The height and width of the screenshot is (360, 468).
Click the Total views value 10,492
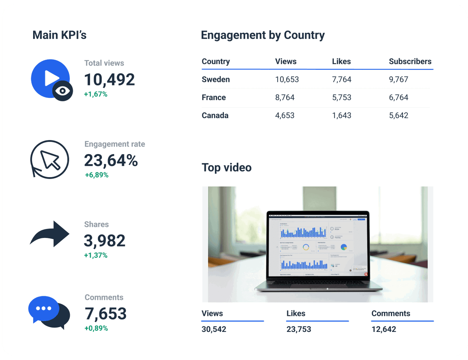click(110, 80)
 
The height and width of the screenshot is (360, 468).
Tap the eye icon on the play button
click(62, 91)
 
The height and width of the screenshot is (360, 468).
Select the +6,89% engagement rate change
click(97, 175)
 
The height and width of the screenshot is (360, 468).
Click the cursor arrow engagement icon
click(50, 159)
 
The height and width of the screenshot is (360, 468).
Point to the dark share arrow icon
click(50, 234)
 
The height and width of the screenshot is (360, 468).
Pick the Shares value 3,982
click(105, 241)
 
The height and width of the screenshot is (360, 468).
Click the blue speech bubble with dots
click(44, 308)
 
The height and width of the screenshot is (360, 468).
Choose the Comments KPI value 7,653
click(106, 314)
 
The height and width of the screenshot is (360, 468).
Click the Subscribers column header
click(410, 61)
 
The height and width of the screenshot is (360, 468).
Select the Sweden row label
click(216, 80)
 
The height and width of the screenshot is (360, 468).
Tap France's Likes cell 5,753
click(342, 98)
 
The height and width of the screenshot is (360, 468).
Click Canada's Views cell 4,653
click(285, 115)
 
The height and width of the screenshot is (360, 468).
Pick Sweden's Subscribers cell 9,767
click(399, 80)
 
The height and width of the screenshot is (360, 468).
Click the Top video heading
click(227, 168)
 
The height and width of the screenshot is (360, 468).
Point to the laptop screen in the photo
click(317, 244)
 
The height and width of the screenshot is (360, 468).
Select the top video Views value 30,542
click(214, 329)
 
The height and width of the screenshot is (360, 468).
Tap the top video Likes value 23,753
click(299, 329)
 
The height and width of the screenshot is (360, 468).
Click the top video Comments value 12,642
click(384, 329)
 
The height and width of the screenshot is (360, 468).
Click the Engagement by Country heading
click(262, 35)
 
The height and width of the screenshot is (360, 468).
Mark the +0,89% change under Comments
click(96, 328)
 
